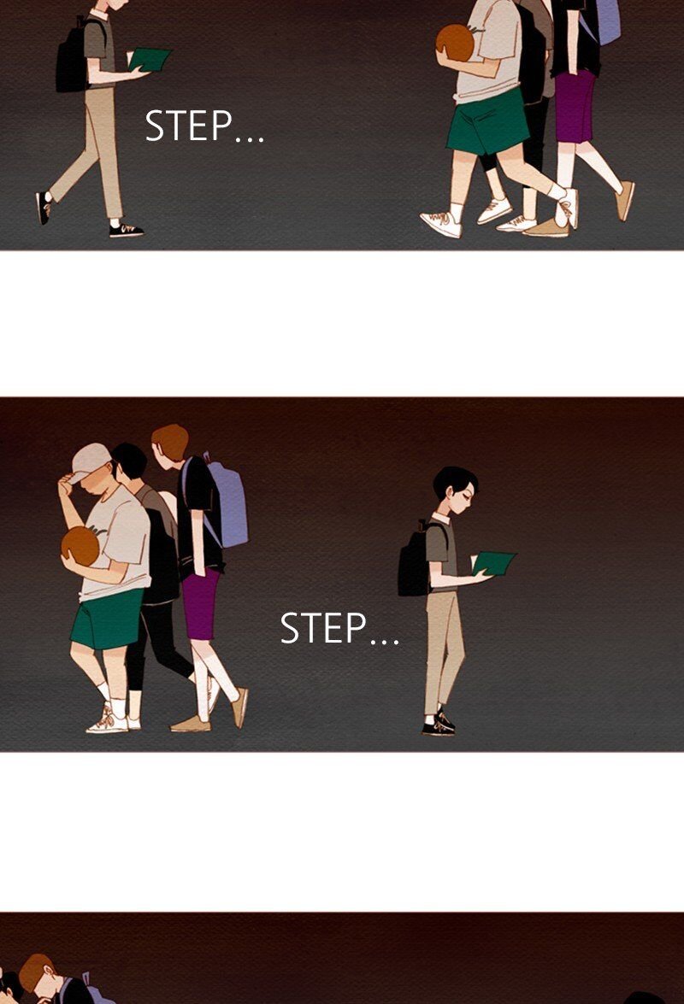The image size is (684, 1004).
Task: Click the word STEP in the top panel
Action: click(x=188, y=126)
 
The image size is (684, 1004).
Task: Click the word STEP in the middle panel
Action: click(x=323, y=627)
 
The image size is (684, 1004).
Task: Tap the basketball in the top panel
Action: click(x=456, y=43)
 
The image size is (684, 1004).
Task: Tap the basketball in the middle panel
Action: click(x=80, y=545)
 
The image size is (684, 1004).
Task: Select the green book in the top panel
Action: click(x=150, y=59)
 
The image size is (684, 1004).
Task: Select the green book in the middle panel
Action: click(x=493, y=563)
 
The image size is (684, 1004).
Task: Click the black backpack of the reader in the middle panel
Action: click(x=415, y=559)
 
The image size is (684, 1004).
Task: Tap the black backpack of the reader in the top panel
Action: click(x=73, y=56)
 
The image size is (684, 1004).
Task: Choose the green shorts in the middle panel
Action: click(x=106, y=619)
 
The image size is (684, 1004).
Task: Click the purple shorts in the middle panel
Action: click(x=200, y=604)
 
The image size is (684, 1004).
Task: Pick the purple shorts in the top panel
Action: click(x=575, y=106)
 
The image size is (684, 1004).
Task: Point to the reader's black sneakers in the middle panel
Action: click(x=439, y=723)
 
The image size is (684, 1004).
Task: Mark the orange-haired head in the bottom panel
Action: click(x=37, y=974)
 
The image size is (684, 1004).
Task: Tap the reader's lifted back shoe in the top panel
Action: click(x=44, y=208)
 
